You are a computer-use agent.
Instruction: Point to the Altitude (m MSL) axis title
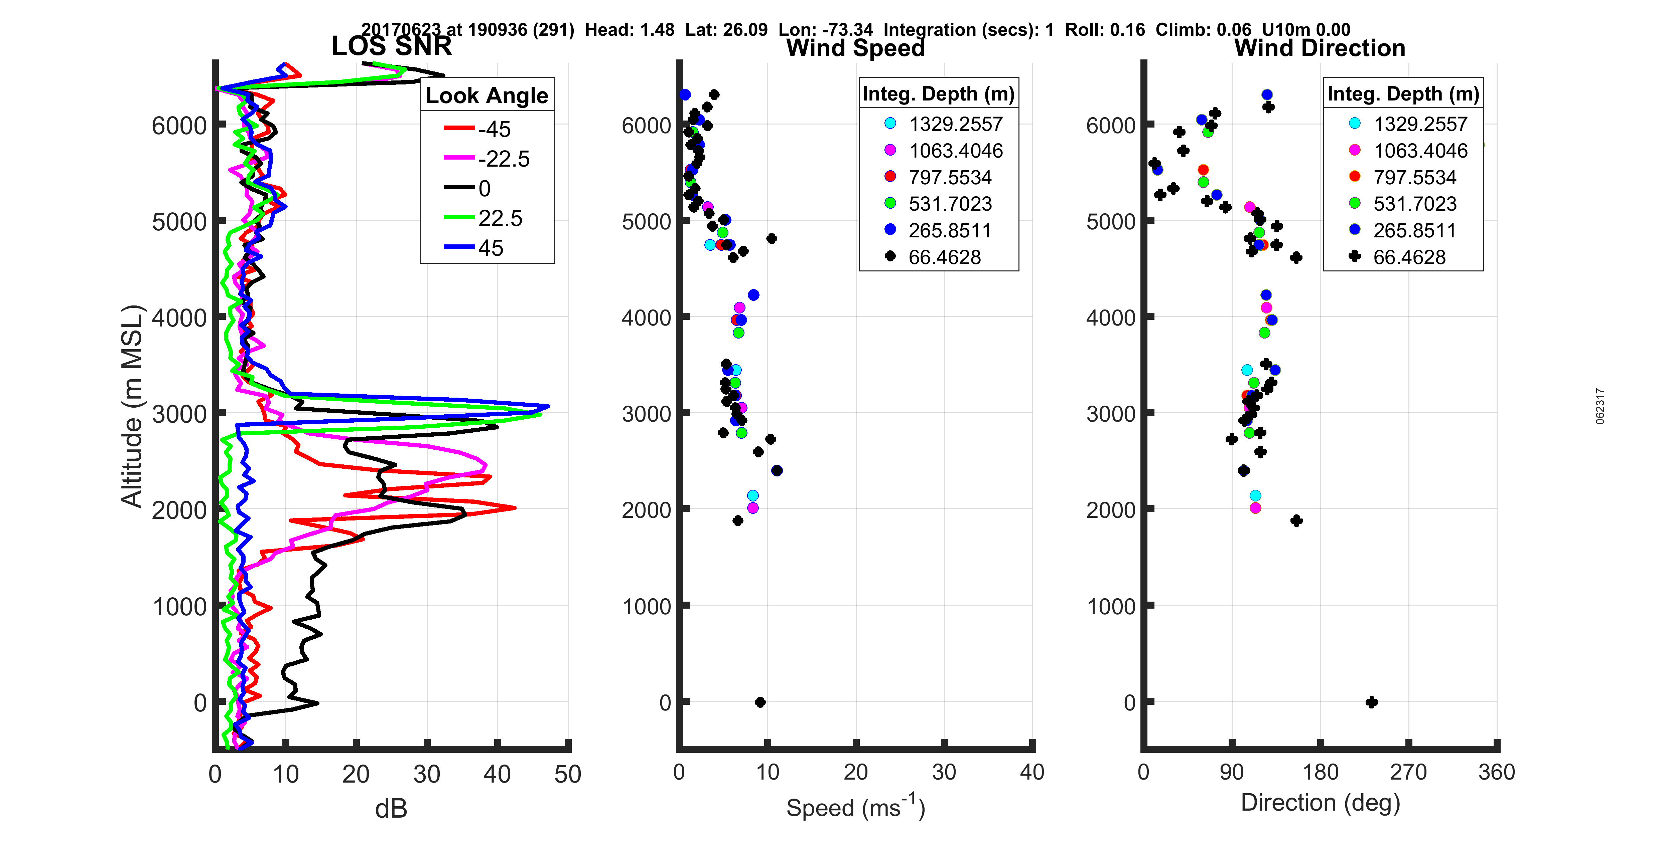point(132,406)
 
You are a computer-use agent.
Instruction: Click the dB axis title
point(391,809)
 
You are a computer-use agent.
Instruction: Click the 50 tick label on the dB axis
point(568,774)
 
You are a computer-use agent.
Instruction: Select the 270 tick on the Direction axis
point(1408,772)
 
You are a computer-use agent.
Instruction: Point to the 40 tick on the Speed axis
point(1032,772)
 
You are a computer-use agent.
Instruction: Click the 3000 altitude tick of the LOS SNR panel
point(179,414)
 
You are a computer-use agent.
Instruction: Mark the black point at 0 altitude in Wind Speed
point(760,702)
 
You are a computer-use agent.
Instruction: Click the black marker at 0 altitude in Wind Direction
point(1372,702)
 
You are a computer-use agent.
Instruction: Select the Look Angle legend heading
point(487,95)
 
